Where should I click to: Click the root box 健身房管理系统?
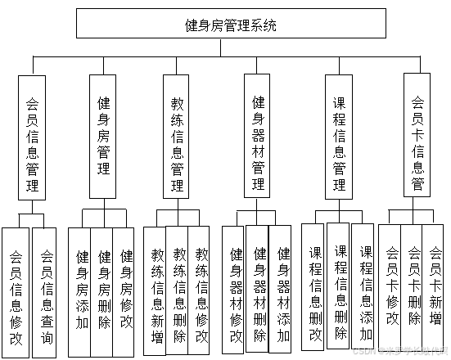232,25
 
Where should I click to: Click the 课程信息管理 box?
338,137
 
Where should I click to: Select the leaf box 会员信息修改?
16,293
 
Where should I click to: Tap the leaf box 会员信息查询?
45,293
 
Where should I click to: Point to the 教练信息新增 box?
156,292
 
